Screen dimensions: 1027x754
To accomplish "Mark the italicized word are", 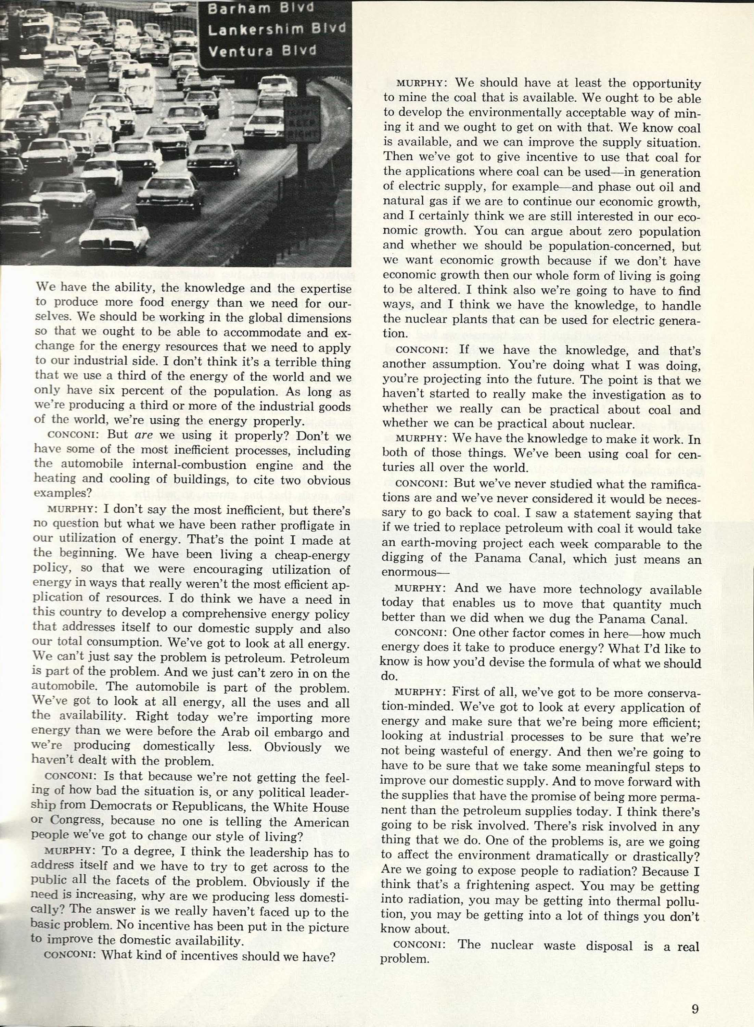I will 143,436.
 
